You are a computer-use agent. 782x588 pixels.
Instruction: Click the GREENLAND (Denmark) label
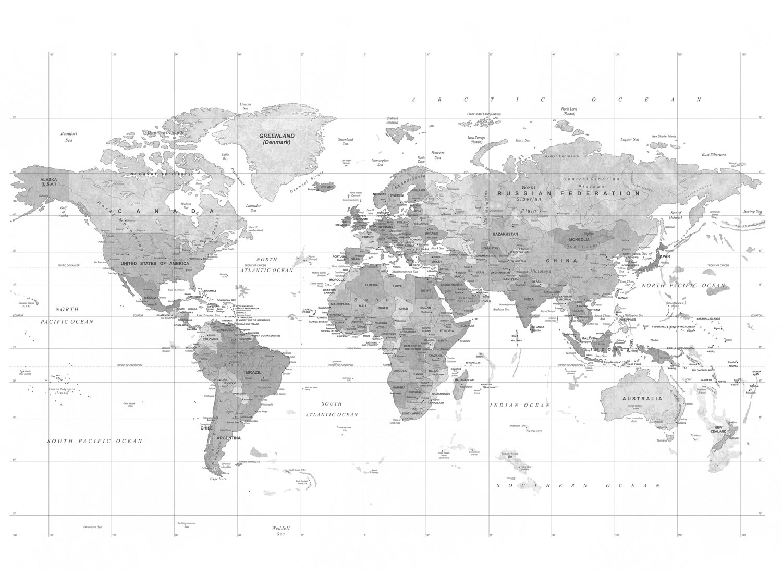tap(277, 139)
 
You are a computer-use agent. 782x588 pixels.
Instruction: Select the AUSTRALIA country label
tap(642, 399)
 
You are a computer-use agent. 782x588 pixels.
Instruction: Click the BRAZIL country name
tap(253, 373)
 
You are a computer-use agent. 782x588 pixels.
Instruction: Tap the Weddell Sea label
tap(280, 531)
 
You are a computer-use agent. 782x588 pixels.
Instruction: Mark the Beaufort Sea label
tap(68, 137)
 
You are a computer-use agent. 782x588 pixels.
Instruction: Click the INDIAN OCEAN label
tap(520, 405)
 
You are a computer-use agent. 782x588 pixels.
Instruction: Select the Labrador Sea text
tap(253, 208)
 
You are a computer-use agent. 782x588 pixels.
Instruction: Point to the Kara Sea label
tap(522, 140)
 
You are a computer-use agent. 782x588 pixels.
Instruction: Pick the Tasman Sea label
tap(695, 437)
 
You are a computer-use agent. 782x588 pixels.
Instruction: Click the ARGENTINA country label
tap(229, 438)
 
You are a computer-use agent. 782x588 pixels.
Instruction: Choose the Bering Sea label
tap(752, 211)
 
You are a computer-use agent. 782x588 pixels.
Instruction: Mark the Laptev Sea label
tap(630, 139)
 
